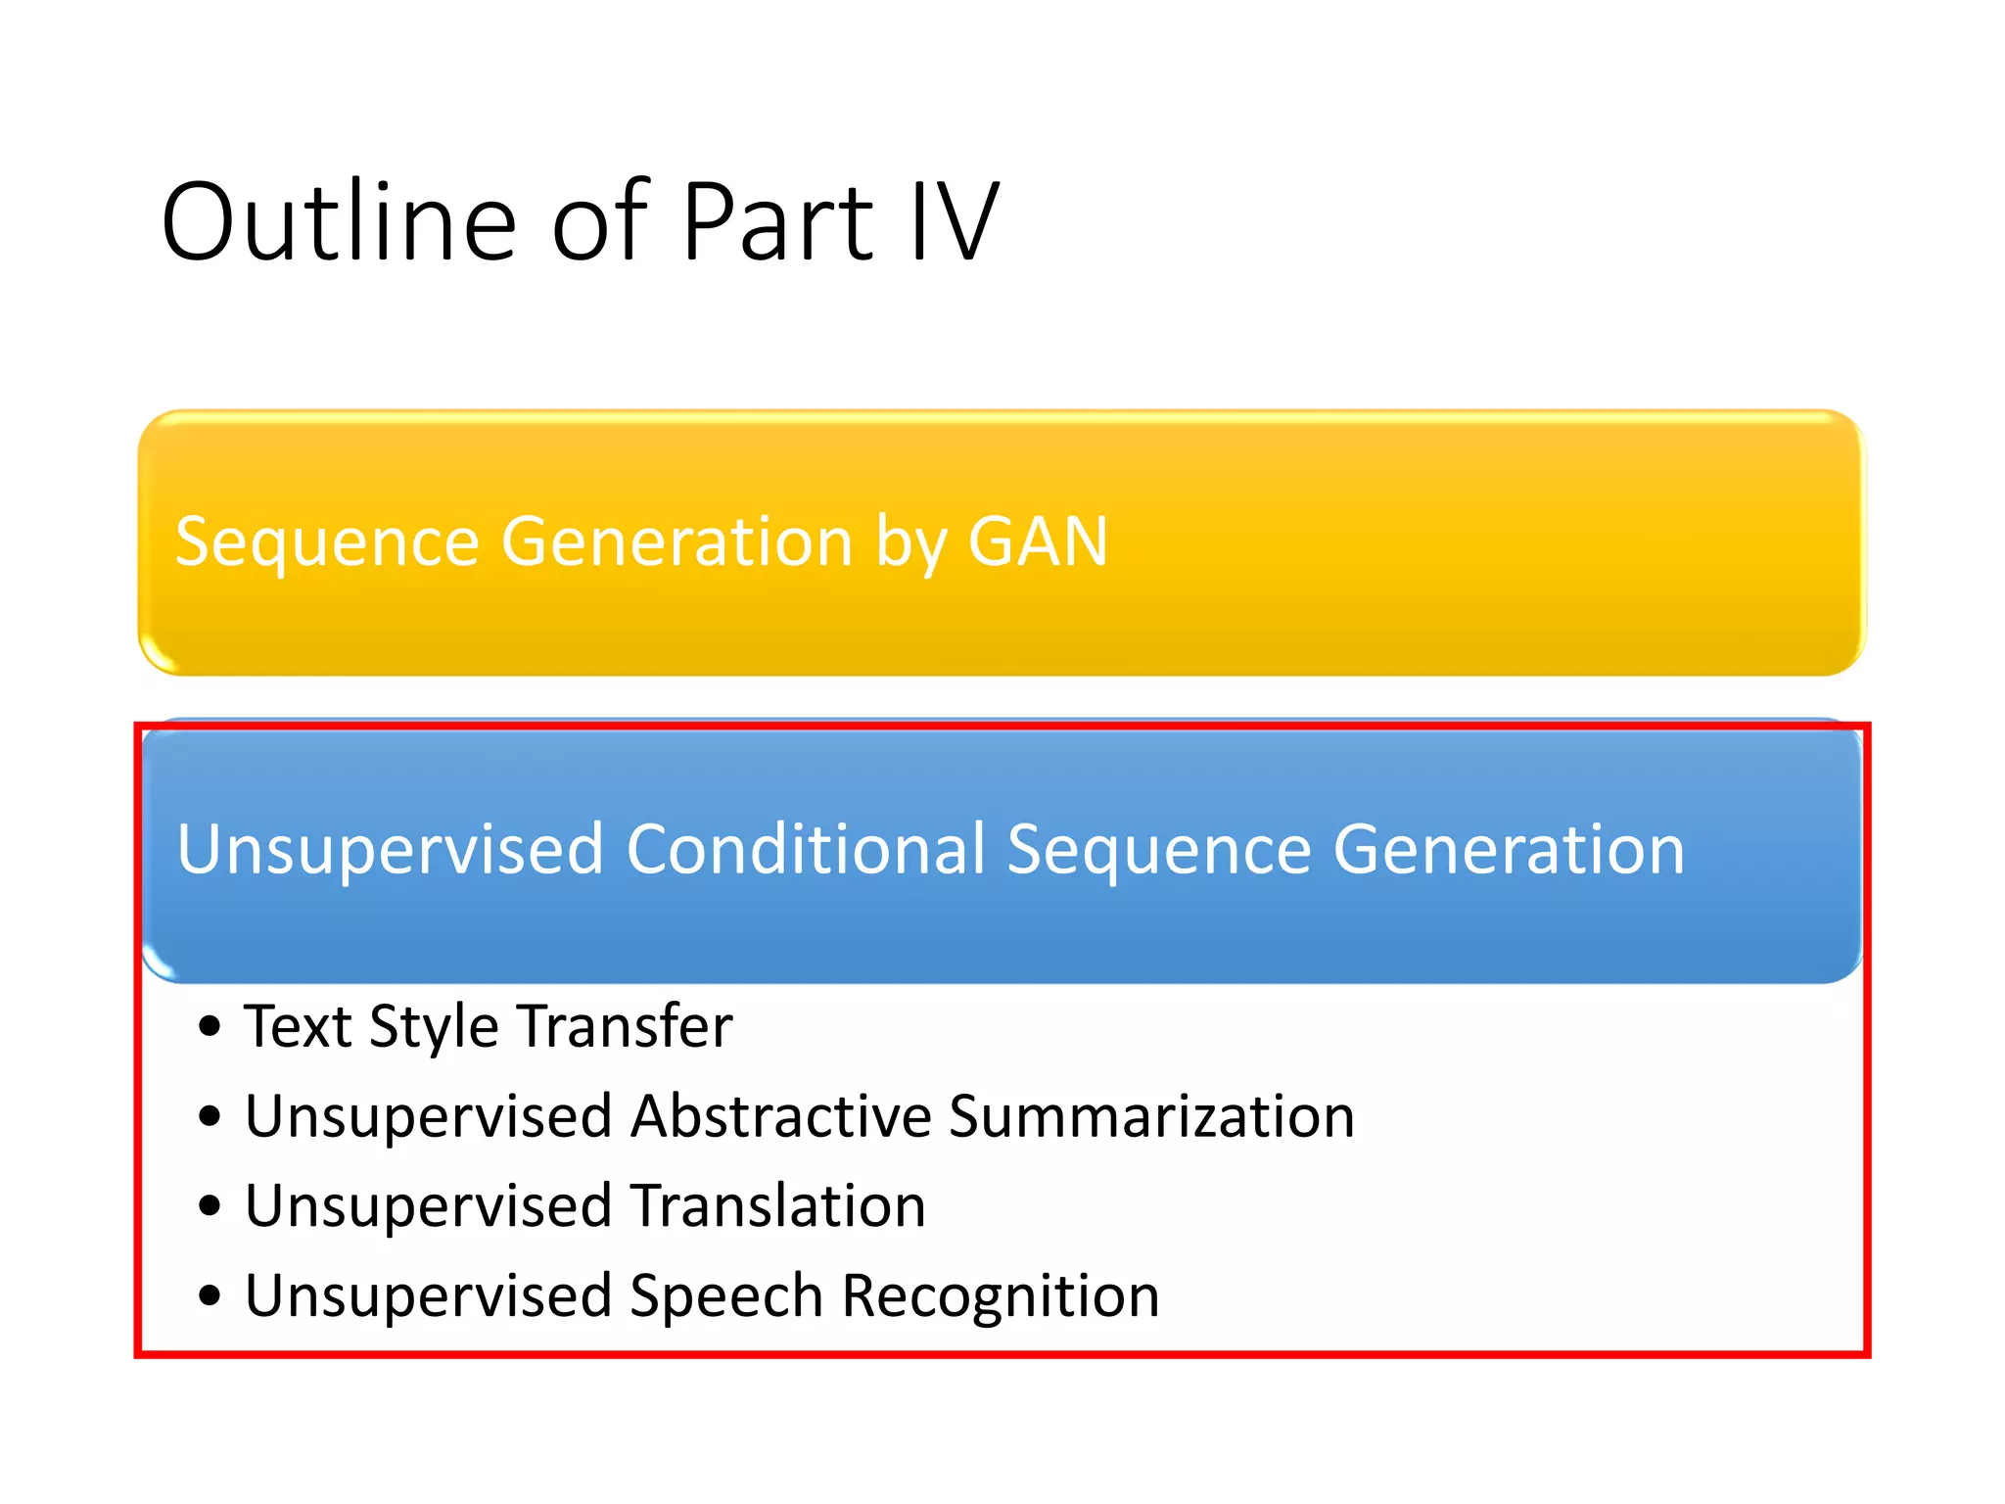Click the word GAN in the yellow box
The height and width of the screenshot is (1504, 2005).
[1038, 541]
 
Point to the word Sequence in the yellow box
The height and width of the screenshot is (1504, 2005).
[327, 541]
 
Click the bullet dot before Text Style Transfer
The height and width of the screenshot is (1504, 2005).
[210, 1027]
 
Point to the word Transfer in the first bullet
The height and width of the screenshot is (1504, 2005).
[626, 1026]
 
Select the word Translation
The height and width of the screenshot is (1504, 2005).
[777, 1205]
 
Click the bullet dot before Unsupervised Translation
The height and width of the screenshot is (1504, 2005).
[210, 1206]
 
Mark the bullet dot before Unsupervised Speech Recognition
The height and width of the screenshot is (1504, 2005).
[210, 1296]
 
